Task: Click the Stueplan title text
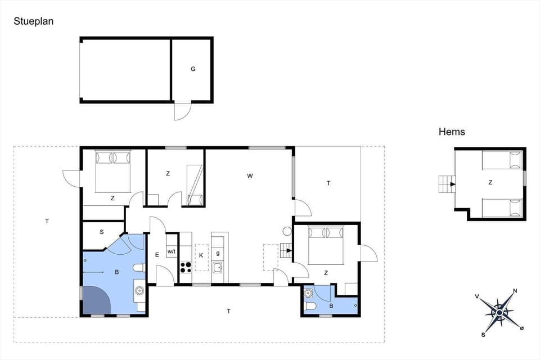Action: pos(34,21)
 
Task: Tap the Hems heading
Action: pos(452,132)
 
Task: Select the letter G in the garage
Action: pos(193,69)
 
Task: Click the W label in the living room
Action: pos(250,176)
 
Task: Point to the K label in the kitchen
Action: pos(200,255)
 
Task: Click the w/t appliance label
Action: pos(172,251)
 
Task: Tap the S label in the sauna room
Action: pos(102,232)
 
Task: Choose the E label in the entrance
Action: pos(157,255)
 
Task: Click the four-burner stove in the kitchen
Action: pos(186,267)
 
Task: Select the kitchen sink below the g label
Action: pos(218,270)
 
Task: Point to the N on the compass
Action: pos(515,291)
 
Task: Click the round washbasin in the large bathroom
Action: pos(139,291)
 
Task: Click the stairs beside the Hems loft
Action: pos(448,183)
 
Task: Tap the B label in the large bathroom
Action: pos(117,272)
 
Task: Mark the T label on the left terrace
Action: pos(47,222)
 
